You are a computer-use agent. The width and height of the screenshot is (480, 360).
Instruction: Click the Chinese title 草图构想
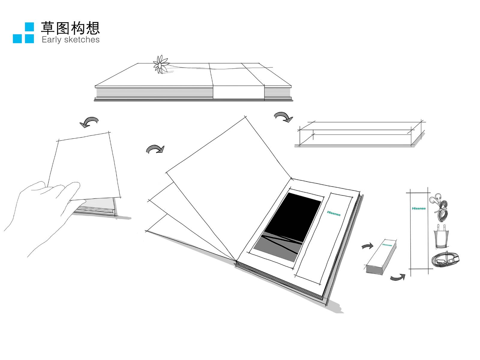(x=70, y=28)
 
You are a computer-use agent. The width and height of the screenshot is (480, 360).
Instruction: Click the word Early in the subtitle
(x=51, y=40)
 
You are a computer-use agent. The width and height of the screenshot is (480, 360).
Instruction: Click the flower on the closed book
(x=160, y=64)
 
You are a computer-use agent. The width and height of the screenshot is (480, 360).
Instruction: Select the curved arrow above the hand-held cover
(x=89, y=122)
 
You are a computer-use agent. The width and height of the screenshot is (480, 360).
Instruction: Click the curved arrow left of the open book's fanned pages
(x=155, y=149)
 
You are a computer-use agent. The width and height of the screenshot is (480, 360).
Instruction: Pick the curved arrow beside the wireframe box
(x=283, y=117)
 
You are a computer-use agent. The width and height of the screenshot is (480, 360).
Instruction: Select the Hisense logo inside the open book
(x=334, y=213)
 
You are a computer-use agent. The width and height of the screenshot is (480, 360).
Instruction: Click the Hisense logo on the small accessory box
(x=387, y=245)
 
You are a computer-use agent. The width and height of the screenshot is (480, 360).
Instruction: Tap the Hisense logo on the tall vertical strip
(x=418, y=208)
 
